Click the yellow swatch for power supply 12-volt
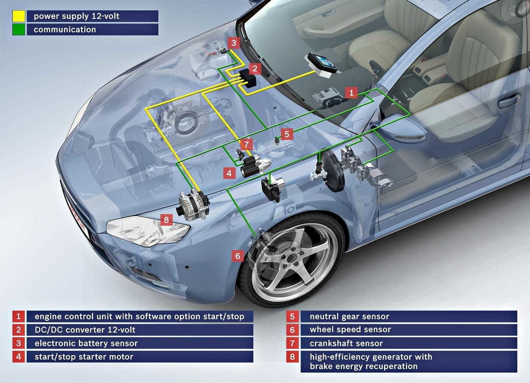[19, 16]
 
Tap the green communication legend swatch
[19, 29]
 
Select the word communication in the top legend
[65, 29]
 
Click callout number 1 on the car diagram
[351, 92]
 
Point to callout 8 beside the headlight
[166, 220]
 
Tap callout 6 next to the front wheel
[238, 256]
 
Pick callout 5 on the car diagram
[287, 134]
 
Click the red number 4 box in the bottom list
[18, 356]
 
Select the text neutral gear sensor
[349, 317]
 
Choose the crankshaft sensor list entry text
[346, 343]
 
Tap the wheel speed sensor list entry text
[350, 330]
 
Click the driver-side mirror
[402, 129]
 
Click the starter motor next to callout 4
[255, 166]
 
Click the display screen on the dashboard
[322, 63]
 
